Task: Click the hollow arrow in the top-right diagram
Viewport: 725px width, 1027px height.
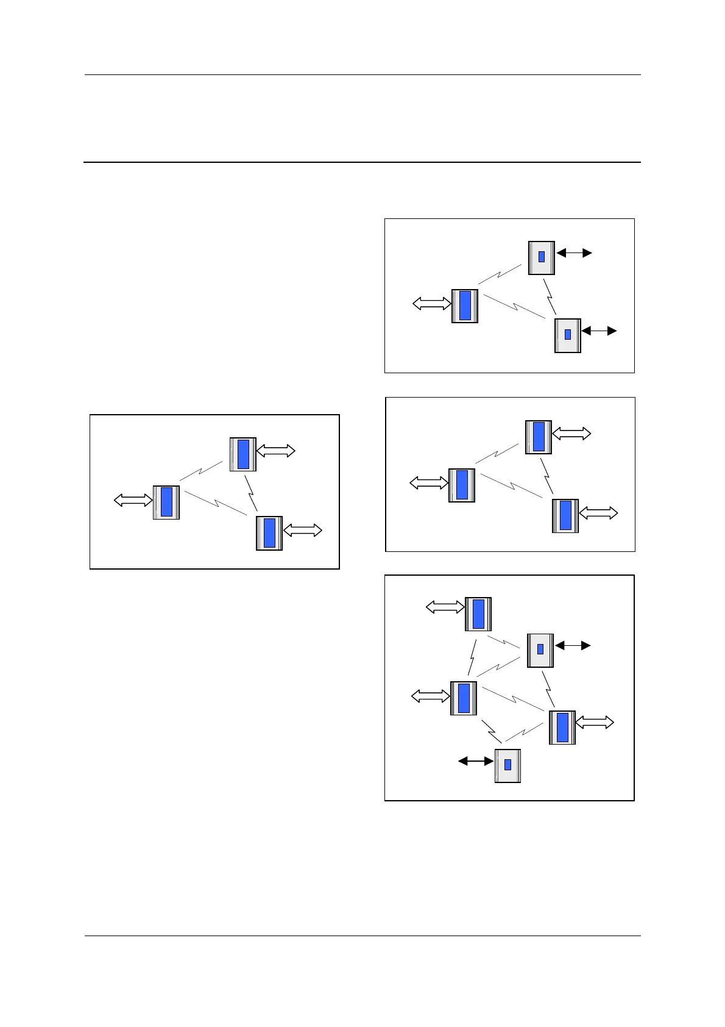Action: click(431, 304)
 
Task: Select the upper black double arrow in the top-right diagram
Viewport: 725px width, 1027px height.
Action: click(574, 252)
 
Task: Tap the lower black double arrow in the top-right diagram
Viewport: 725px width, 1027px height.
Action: click(599, 331)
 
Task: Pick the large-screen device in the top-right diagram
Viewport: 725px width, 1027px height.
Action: click(464, 306)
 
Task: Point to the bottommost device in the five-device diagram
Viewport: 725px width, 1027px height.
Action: click(507, 765)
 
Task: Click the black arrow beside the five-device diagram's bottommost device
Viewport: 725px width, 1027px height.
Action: click(476, 761)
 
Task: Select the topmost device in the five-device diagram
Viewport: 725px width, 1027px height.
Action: click(478, 614)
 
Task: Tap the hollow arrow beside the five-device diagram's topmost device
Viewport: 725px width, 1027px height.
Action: click(445, 607)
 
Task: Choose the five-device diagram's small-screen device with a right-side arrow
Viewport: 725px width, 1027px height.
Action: click(540, 651)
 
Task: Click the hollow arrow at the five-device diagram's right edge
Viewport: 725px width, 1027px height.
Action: click(595, 723)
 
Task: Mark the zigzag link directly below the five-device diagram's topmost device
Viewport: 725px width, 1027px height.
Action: click(472, 656)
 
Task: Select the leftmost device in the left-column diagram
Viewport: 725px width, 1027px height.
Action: click(166, 503)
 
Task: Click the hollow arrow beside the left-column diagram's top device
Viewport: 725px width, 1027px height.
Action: click(276, 451)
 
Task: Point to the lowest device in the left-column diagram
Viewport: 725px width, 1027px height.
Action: click(269, 533)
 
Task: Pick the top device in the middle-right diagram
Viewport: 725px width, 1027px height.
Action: click(539, 437)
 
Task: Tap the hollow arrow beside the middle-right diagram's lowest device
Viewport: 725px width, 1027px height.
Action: click(598, 513)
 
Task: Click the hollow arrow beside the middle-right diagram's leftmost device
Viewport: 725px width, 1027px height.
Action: click(429, 483)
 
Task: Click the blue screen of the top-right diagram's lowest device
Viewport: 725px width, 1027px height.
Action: click(568, 334)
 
